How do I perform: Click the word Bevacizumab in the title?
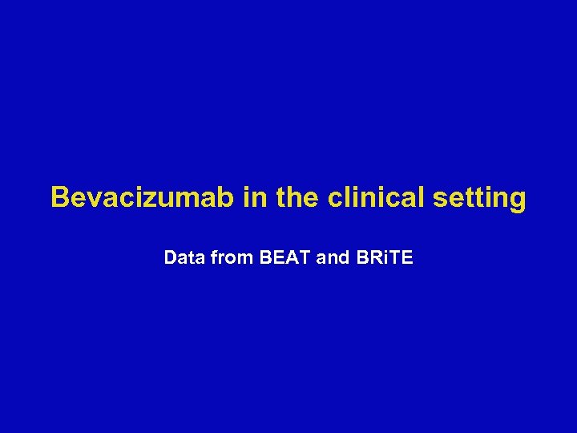point(143,197)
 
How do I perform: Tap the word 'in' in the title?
point(256,197)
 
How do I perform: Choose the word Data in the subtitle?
point(182,258)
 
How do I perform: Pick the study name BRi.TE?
point(383,258)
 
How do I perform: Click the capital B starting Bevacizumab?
point(59,197)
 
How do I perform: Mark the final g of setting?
point(518,200)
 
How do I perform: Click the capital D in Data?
point(169,258)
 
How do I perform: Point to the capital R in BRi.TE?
point(373,258)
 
